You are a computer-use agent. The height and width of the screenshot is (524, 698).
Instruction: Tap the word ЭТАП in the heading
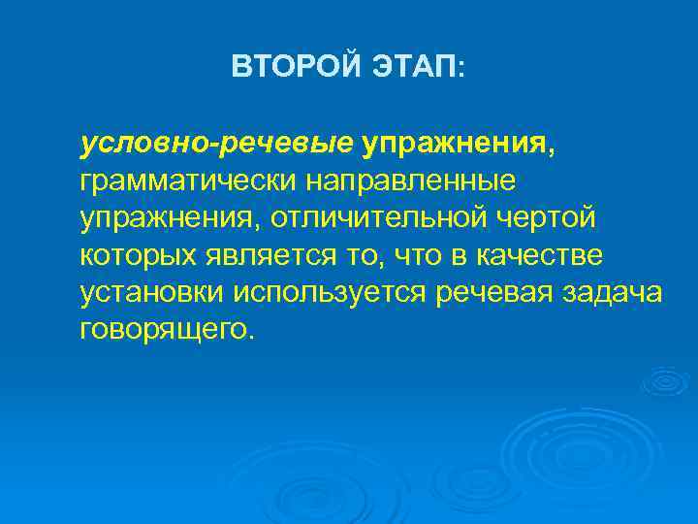click(x=413, y=67)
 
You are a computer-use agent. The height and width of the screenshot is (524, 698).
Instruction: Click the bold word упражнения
click(x=455, y=145)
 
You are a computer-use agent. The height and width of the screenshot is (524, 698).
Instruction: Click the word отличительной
click(x=379, y=218)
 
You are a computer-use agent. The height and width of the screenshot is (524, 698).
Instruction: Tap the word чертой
click(x=548, y=218)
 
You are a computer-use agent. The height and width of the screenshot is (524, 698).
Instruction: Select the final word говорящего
click(x=166, y=329)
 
